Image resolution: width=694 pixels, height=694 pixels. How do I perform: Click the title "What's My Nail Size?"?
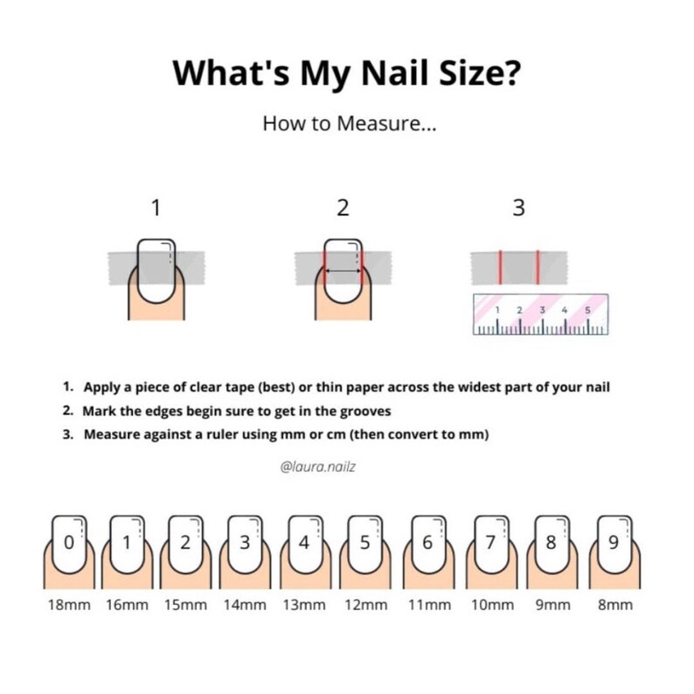[348, 72]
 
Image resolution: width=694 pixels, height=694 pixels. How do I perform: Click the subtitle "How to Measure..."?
[349, 124]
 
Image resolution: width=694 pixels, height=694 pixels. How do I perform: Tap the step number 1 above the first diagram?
[156, 208]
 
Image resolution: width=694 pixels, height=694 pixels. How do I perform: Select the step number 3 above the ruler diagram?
[518, 208]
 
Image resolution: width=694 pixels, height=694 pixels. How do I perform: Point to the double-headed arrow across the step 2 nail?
[343, 272]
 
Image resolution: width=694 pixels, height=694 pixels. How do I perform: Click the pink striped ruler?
[539, 314]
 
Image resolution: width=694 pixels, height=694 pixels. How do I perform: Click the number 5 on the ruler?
[587, 309]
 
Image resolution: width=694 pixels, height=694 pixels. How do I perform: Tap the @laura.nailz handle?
[318, 467]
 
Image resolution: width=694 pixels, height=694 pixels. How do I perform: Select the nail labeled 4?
[304, 542]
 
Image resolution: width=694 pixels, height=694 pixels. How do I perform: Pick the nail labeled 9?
[614, 542]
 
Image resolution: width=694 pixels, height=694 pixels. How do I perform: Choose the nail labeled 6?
[427, 542]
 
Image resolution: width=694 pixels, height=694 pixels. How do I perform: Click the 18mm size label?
[69, 605]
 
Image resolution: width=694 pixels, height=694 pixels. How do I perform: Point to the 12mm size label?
[365, 605]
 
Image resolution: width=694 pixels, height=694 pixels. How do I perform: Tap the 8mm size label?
[614, 605]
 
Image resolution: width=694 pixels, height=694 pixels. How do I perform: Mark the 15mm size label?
[185, 605]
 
